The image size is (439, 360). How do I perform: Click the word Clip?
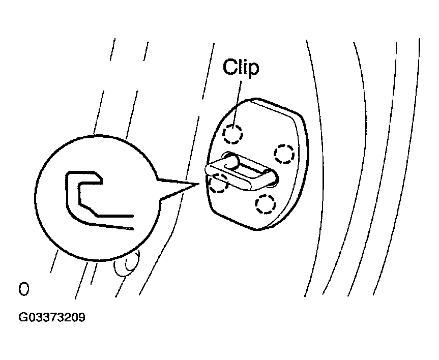pyautogui.click(x=241, y=67)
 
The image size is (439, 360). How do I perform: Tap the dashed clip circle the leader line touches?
pyautogui.click(x=232, y=134)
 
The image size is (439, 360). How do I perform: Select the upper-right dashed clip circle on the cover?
pyautogui.click(x=284, y=154)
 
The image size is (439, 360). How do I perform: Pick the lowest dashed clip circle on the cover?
pyautogui.click(x=265, y=204)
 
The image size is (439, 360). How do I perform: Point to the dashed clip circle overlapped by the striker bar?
pyautogui.click(x=218, y=183)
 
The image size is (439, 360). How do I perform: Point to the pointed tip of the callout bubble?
pyautogui.click(x=199, y=184)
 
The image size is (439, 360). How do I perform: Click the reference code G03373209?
pyautogui.click(x=51, y=317)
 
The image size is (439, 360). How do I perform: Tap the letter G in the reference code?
pyautogui.click(x=23, y=317)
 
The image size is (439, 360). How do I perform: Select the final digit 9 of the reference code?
pyautogui.click(x=81, y=317)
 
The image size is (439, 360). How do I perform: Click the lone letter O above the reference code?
pyautogui.click(x=23, y=289)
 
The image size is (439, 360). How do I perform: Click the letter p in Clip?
pyautogui.click(x=253, y=70)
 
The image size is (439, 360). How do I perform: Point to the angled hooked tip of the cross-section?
pyautogui.click(x=97, y=177)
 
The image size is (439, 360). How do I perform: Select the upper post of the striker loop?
pyautogui.click(x=232, y=160)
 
